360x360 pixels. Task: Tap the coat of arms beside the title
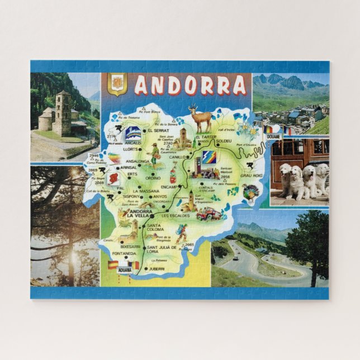(117, 85)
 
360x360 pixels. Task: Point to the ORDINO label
(154, 178)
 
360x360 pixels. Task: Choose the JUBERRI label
(157, 269)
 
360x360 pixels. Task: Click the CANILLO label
(177, 157)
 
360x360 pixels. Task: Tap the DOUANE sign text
(273, 136)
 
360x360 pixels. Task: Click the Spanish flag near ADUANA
(113, 264)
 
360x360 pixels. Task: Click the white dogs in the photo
(302, 180)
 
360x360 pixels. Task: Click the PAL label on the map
(120, 188)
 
